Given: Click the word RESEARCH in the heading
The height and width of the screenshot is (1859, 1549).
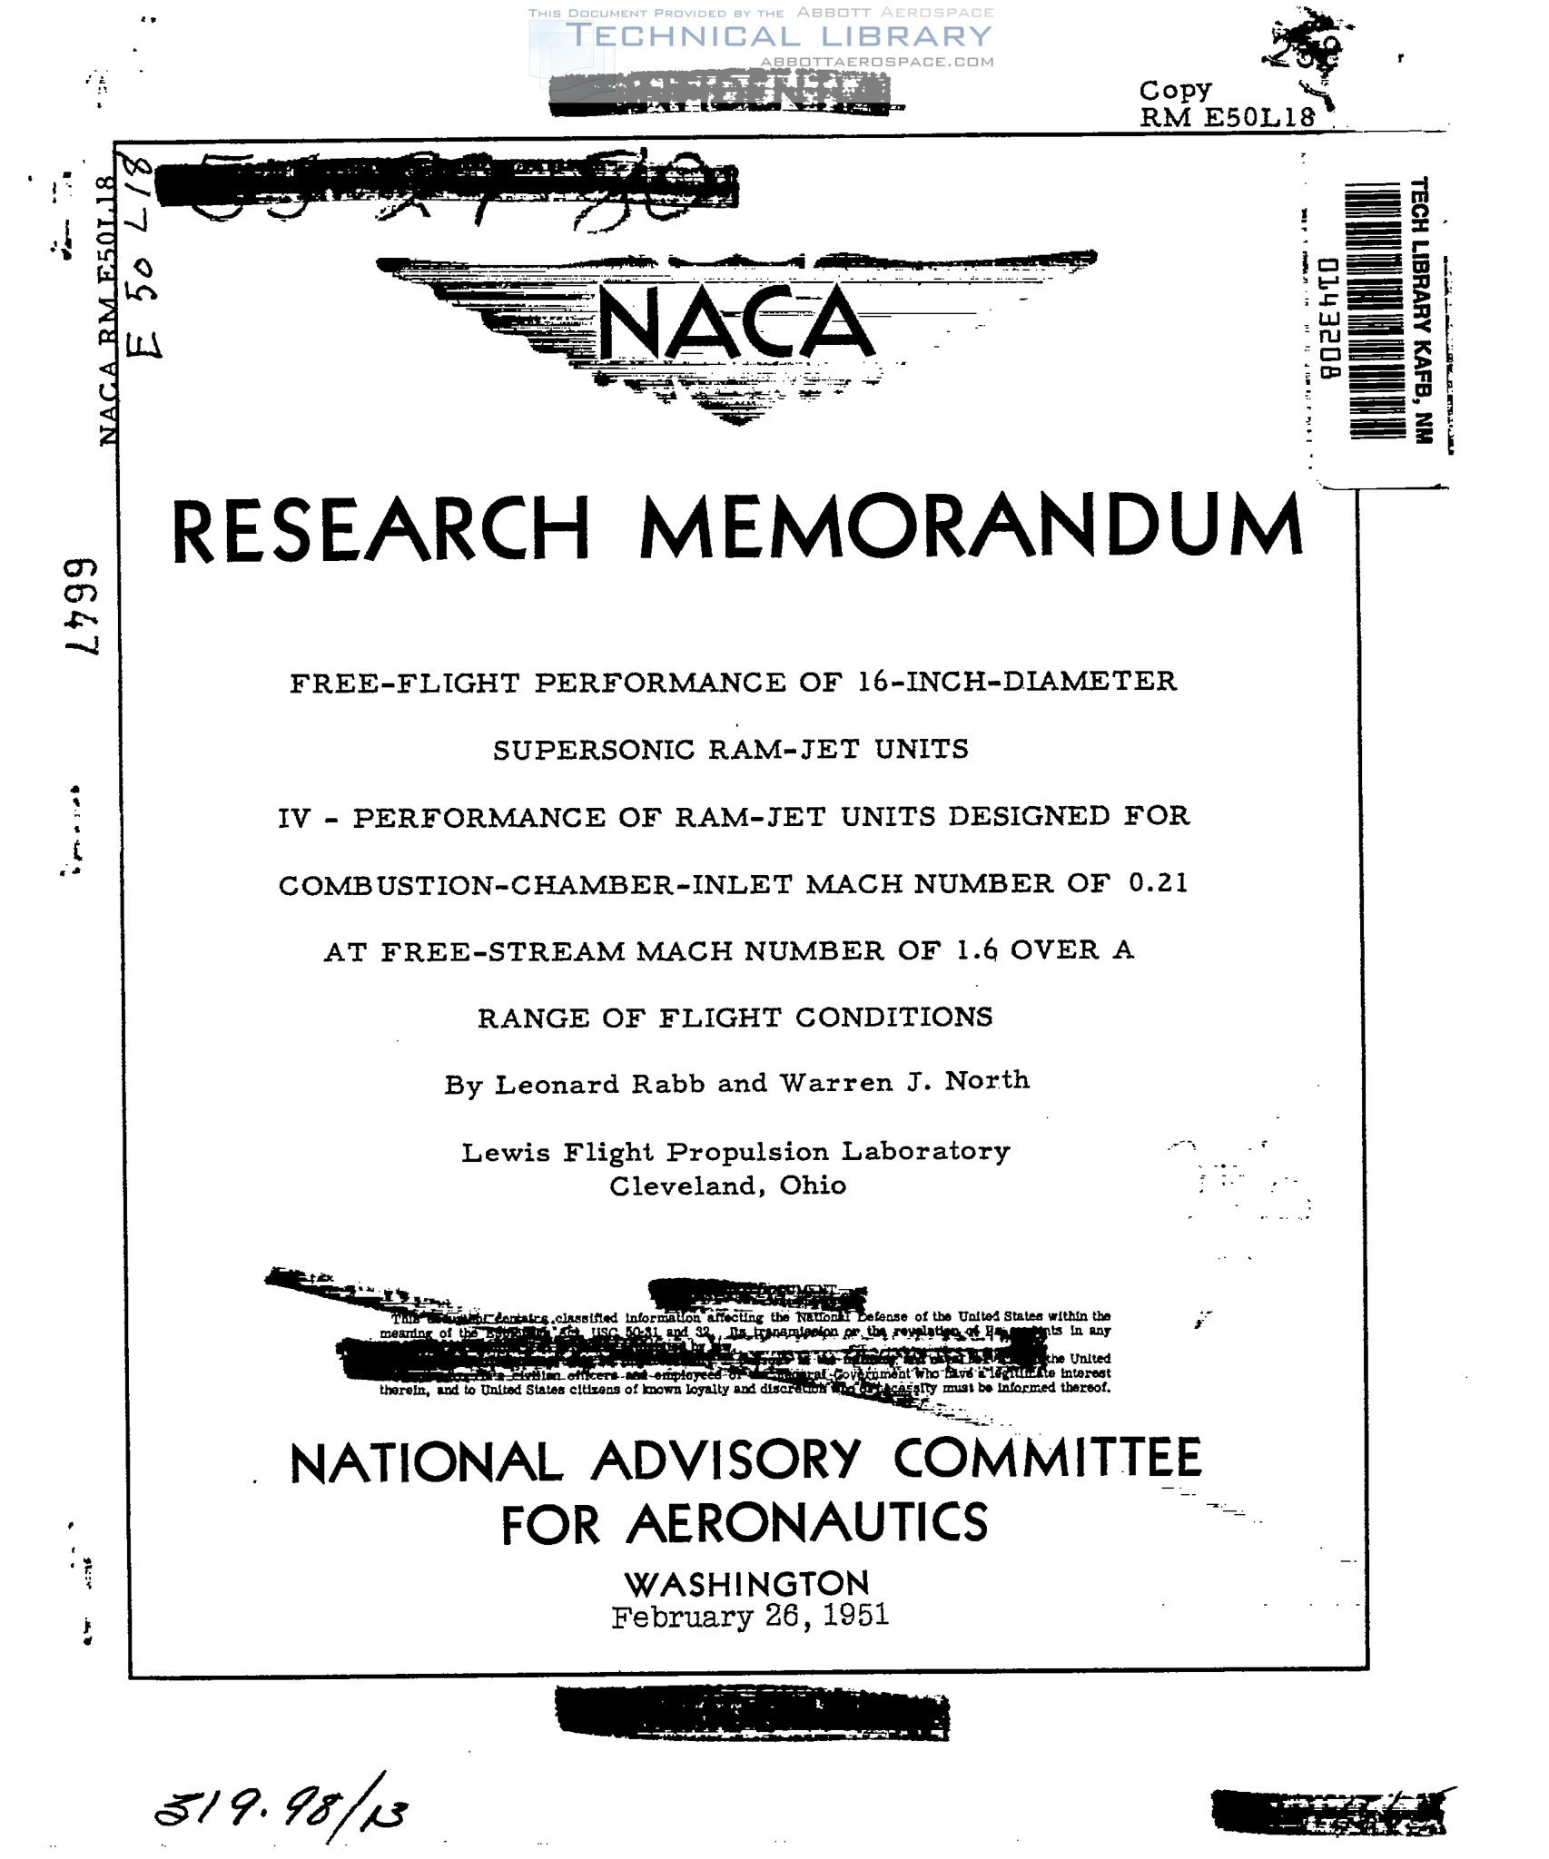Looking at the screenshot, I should pyautogui.click(x=381, y=530).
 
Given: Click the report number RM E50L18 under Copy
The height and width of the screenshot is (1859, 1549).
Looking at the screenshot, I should pyautogui.click(x=1227, y=117).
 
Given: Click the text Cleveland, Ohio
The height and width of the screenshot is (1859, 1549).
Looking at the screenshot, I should pyautogui.click(x=727, y=1185).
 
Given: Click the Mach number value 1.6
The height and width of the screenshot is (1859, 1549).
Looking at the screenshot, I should pyautogui.click(x=977, y=950).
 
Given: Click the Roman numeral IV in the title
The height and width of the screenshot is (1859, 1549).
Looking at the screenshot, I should pyautogui.click(x=295, y=819).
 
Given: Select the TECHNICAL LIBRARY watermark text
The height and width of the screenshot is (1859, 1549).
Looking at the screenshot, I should pyautogui.click(x=778, y=36).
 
